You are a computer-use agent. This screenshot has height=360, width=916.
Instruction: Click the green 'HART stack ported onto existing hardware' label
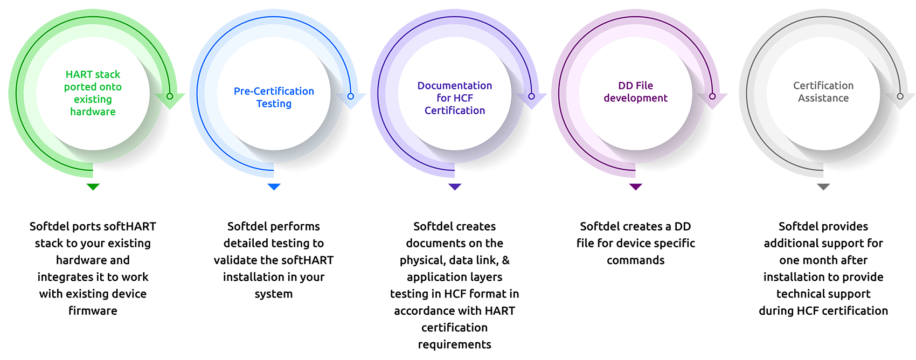pyautogui.click(x=93, y=93)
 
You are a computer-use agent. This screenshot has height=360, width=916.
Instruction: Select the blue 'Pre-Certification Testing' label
pyautogui.click(x=274, y=98)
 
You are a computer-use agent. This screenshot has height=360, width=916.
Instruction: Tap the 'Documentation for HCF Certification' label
pyautogui.click(x=454, y=98)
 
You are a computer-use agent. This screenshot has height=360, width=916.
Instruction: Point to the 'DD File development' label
pyautogui.click(x=635, y=92)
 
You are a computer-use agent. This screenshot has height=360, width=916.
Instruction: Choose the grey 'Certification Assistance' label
pyautogui.click(x=823, y=92)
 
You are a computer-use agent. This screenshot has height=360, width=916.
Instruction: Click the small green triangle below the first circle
pyautogui.click(x=93, y=186)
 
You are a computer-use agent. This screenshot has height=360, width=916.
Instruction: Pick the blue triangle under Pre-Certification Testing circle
pyautogui.click(x=274, y=186)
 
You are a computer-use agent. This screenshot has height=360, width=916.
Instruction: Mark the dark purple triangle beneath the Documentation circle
pyautogui.click(x=454, y=186)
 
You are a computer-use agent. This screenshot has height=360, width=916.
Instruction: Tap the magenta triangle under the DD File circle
pyautogui.click(x=635, y=186)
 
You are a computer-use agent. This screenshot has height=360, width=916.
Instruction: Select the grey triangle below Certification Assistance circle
pyautogui.click(x=823, y=186)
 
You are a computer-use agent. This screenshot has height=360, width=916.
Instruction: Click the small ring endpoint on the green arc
pyautogui.click(x=170, y=96)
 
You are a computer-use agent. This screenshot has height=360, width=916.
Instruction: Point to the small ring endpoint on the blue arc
pyautogui.click(x=350, y=96)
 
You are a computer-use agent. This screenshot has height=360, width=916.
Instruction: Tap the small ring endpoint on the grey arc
pyautogui.click(x=900, y=96)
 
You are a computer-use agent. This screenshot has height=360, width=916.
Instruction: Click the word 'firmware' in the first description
pyautogui.click(x=93, y=310)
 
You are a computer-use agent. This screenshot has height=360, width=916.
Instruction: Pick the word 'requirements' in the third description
pyautogui.click(x=454, y=344)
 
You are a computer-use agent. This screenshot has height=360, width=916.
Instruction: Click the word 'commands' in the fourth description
pyautogui.click(x=635, y=260)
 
